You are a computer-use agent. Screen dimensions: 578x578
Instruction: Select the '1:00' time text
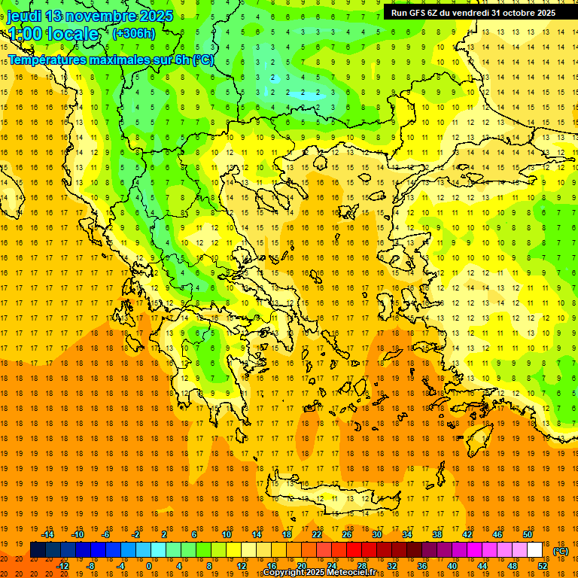[x=25, y=34]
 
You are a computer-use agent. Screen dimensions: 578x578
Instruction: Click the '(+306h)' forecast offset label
[x=134, y=33]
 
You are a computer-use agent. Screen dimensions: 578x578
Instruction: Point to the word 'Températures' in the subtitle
[x=46, y=59]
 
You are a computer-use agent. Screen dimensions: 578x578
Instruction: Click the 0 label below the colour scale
[x=149, y=565]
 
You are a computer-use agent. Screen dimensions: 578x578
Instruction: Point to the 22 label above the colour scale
[x=317, y=534]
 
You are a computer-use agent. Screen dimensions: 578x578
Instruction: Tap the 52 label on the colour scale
[x=543, y=565]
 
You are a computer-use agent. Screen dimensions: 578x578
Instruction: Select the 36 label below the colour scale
[x=422, y=565]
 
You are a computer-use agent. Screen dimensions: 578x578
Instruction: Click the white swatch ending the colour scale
[x=534, y=549]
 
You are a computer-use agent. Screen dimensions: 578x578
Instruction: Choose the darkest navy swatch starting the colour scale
[x=38, y=549]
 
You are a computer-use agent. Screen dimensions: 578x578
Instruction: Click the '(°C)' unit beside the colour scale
[x=560, y=551]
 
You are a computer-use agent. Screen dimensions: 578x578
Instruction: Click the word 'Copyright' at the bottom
[x=284, y=573]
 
